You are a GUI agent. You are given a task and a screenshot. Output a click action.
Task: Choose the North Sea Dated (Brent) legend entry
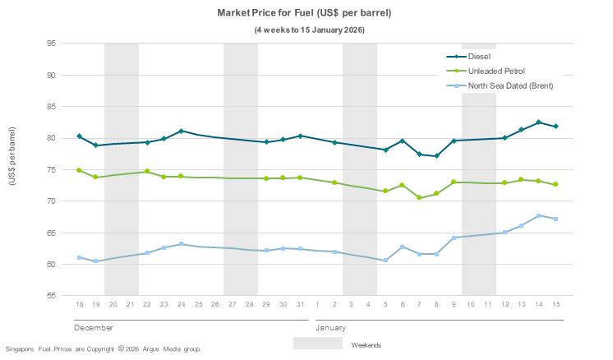click(x=510, y=85)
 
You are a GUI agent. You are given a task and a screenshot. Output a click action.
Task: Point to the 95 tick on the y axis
click(x=50, y=44)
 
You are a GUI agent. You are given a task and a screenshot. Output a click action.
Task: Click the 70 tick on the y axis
click(x=50, y=201)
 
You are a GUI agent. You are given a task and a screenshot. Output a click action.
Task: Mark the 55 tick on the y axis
click(x=50, y=296)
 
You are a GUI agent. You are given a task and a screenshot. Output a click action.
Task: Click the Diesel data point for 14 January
click(x=538, y=122)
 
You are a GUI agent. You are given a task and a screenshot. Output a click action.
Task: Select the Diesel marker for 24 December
click(x=181, y=132)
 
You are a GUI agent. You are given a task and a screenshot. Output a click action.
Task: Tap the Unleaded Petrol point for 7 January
click(x=419, y=197)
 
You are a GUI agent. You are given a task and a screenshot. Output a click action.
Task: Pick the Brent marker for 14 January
click(x=538, y=215)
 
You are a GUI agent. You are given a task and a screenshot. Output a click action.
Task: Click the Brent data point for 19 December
click(x=96, y=261)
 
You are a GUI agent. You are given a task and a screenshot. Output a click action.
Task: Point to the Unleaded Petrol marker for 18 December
click(x=79, y=170)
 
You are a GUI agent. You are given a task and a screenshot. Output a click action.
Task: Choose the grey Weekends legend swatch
click(x=317, y=344)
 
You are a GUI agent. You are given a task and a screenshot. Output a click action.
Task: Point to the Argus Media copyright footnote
click(x=103, y=349)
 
